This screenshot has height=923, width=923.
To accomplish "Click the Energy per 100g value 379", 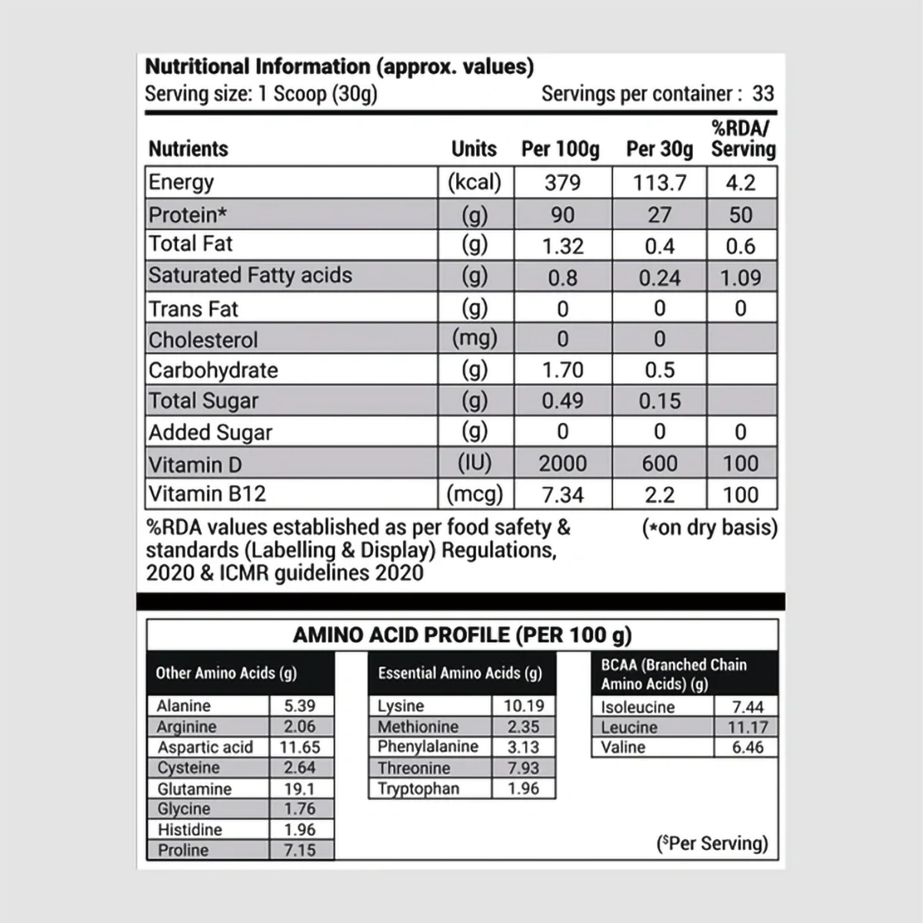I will pos(562,183).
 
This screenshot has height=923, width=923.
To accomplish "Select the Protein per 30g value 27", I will pos(659,215).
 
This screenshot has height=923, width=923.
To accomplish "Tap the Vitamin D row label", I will pos(186,465).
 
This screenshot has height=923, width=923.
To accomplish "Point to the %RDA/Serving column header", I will pos(742,139).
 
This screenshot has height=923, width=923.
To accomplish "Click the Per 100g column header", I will pos(560,148).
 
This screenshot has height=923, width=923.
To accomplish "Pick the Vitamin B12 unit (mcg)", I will pos(475,495).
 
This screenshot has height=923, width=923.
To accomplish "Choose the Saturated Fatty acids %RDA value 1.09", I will pos(741,278).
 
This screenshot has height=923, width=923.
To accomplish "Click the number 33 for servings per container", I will pos(763,94).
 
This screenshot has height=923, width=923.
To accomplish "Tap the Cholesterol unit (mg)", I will pos(475,338).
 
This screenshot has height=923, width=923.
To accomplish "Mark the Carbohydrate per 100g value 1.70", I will pos(562,370).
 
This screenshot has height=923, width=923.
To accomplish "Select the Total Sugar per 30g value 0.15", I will pos(659,401).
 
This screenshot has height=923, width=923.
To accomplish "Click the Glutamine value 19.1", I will pos(299,788).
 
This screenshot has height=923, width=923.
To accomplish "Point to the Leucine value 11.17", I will pos(748,727).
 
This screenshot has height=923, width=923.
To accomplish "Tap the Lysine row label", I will pos(401,706).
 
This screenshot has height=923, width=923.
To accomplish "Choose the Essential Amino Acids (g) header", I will pos(460,673).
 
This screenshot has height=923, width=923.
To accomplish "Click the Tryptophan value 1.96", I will pos(523,788).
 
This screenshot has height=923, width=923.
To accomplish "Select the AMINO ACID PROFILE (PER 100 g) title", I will pos(462,635).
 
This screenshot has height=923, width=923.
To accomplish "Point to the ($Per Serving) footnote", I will pos(712,843).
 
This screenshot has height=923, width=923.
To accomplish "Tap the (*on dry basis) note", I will pos(709,528).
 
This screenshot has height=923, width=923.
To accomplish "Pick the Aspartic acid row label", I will pos(205,747).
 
